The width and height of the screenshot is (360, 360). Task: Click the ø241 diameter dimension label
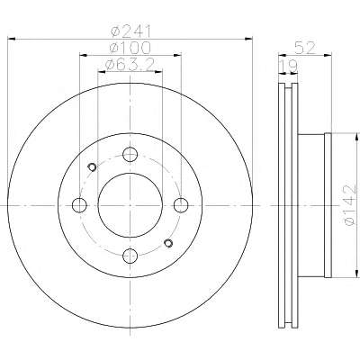pyautogui.click(x=130, y=32)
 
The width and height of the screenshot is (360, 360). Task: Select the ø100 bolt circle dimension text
pyautogui.click(x=130, y=48)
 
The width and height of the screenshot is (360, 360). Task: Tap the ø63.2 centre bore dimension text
pyautogui.click(x=130, y=64)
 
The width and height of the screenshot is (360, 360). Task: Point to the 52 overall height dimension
pyautogui.click(x=305, y=48)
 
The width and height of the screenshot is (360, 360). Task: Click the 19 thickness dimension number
pyautogui.click(x=288, y=66)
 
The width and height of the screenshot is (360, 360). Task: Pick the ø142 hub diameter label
pyautogui.click(x=350, y=205)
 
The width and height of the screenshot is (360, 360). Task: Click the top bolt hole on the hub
pyautogui.click(x=130, y=155)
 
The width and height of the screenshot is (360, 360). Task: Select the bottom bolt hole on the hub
pyautogui.click(x=130, y=256)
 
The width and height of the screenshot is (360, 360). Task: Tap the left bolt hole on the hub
pyautogui.click(x=79, y=205)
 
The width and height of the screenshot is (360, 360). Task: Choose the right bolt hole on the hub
pyautogui.click(x=181, y=205)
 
